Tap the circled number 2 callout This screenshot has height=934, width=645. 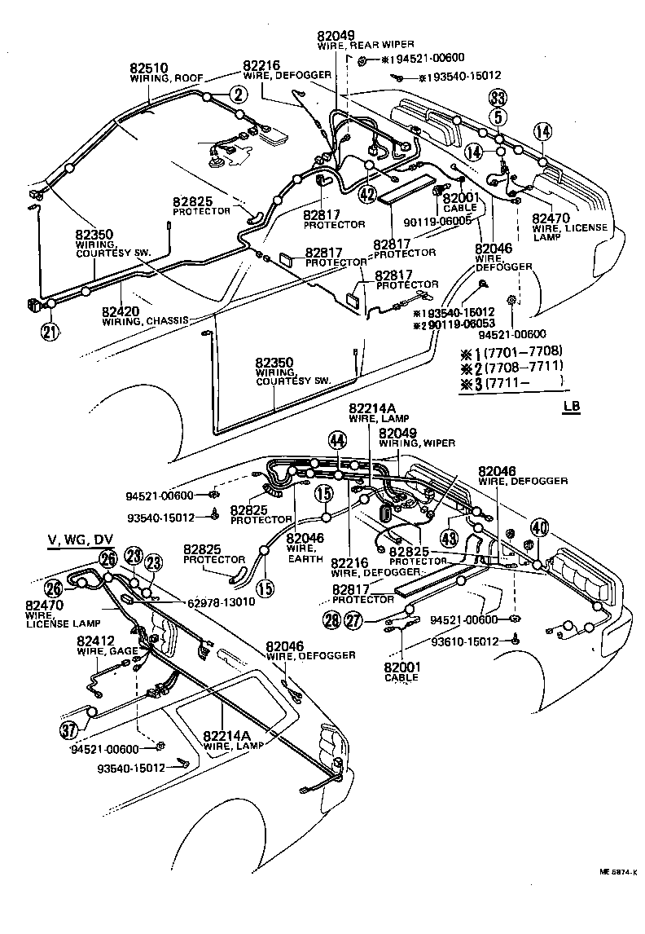pyautogui.click(x=237, y=95)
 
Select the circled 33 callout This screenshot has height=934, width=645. pyautogui.click(x=498, y=99)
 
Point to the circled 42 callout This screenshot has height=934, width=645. pyautogui.click(x=367, y=194)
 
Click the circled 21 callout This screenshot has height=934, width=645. pyautogui.click(x=50, y=331)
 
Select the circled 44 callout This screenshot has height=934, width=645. pyautogui.click(x=337, y=440)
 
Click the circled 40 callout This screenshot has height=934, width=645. pyautogui.click(x=539, y=526)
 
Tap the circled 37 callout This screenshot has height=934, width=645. pyautogui.click(x=69, y=730)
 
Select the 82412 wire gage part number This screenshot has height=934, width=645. pyautogui.click(x=90, y=641)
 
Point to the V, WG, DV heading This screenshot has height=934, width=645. pyautogui.click(x=81, y=540)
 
